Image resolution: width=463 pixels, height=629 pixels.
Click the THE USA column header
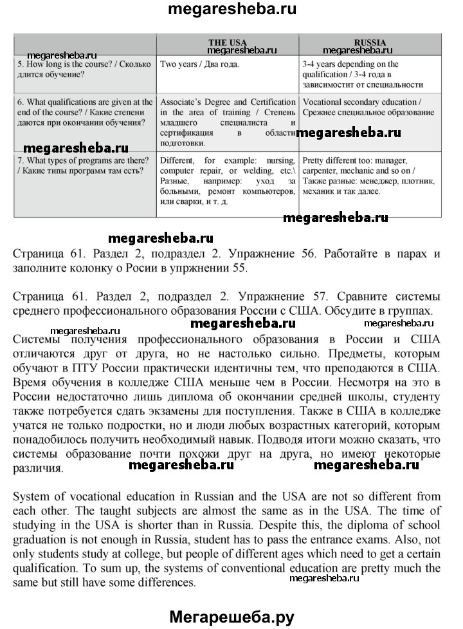point(228,42)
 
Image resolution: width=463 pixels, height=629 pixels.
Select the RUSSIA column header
point(370,42)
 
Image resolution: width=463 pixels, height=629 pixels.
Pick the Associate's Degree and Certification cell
point(228,122)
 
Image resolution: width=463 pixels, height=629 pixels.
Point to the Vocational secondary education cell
point(370,108)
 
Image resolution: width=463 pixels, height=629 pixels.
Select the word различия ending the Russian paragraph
point(38,468)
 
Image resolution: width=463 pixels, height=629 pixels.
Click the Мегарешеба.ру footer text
point(232,616)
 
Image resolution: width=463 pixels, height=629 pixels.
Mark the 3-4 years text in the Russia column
point(321,64)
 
